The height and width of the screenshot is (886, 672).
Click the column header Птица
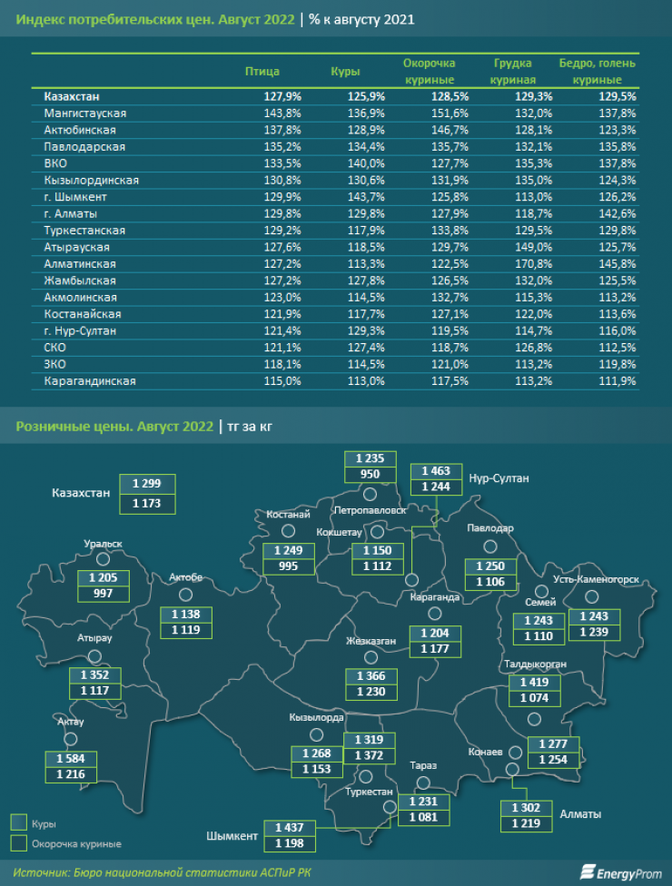point(262,71)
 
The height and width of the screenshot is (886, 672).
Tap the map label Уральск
point(103,544)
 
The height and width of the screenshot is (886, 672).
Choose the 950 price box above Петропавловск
point(370,475)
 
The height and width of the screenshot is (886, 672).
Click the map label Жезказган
point(370,641)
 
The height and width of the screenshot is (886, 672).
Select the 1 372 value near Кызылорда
point(369,755)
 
